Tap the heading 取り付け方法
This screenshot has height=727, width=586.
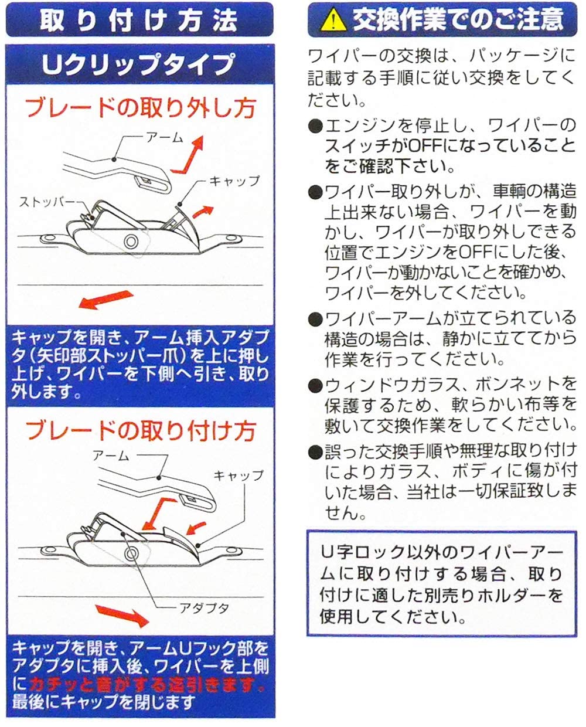139,21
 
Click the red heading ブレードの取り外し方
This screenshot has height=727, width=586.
139,108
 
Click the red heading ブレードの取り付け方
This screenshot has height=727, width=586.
139,431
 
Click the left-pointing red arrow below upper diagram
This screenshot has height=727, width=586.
103,300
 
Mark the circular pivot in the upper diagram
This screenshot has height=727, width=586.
130,241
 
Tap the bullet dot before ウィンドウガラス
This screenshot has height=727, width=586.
315,385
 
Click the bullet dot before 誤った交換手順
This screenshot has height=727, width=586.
315,452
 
